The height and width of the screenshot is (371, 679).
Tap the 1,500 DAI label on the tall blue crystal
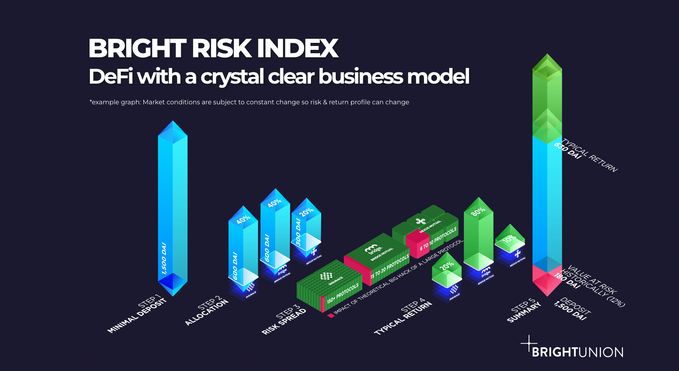[164, 258]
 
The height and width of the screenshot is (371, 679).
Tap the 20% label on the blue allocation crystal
[306, 212]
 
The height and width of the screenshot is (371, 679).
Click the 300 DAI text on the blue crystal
[298, 232]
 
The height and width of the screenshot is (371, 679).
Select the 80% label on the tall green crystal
[478, 211]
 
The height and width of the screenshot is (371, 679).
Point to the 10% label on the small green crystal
[509, 240]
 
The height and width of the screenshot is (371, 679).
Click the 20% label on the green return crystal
[446, 266]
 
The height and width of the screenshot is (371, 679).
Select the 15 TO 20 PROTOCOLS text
[390, 266]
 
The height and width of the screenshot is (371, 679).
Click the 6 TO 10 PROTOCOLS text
[438, 239]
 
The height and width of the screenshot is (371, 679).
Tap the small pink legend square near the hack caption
[331, 315]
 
